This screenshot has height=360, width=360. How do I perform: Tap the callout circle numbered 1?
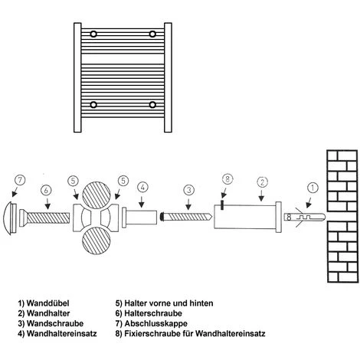click(312, 185)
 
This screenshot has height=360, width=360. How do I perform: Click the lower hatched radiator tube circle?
click(98, 245)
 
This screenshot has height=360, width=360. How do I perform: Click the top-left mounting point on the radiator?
click(93, 34)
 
